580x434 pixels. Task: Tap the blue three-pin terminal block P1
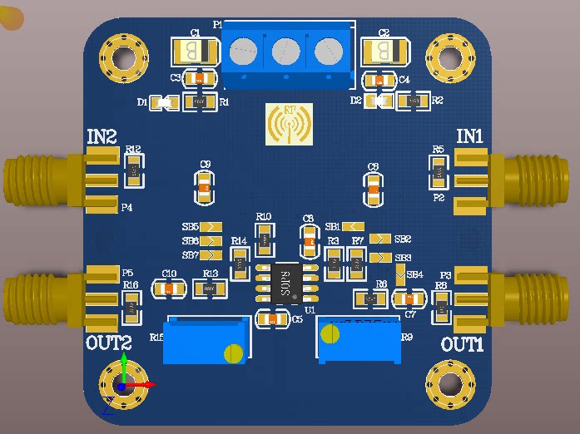click(x=285, y=53)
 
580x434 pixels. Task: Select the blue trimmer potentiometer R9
click(x=359, y=341)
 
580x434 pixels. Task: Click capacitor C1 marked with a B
click(x=192, y=52)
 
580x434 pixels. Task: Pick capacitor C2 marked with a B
click(x=384, y=52)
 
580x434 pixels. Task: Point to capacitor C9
click(x=205, y=187)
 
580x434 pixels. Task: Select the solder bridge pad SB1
click(x=353, y=226)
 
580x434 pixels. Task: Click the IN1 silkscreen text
click(x=471, y=136)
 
